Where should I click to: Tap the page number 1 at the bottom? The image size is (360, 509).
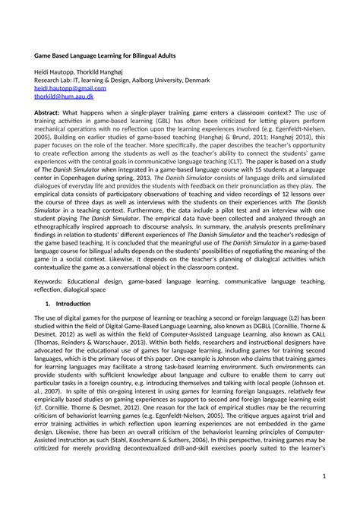(324, 476)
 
